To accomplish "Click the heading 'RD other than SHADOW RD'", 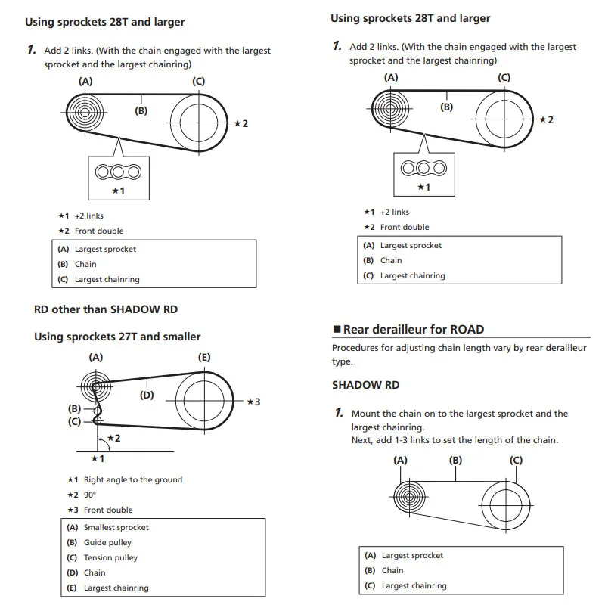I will click(x=106, y=309).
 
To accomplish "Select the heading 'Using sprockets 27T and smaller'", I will click(x=117, y=337).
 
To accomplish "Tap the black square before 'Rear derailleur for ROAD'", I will click(x=337, y=330).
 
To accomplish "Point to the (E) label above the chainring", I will click(x=204, y=358).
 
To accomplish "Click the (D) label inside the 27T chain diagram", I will click(x=147, y=394).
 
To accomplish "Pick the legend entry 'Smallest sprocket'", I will click(x=116, y=527).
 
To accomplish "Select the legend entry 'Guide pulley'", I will click(x=107, y=542).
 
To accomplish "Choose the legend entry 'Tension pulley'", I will click(x=110, y=557).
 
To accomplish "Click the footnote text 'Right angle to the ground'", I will click(x=132, y=479).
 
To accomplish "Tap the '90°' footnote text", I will click(x=90, y=495).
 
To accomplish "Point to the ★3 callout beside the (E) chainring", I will click(x=253, y=402).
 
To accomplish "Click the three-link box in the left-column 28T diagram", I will click(x=118, y=176).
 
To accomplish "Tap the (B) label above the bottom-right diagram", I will click(x=455, y=460).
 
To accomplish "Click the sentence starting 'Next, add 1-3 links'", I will click(x=455, y=440).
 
